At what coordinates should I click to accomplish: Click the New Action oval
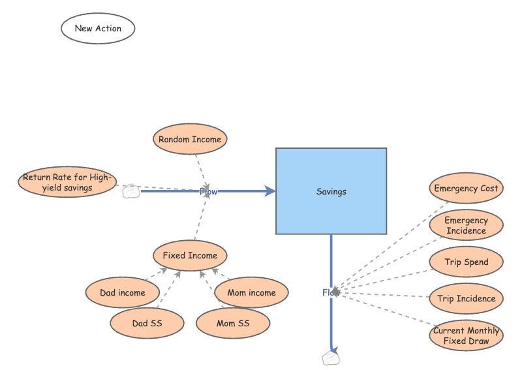(x=98, y=29)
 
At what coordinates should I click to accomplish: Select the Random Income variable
(x=190, y=140)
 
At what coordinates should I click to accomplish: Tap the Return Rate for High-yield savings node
(x=67, y=182)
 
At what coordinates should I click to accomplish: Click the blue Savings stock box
(x=331, y=191)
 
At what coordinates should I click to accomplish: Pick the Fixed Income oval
(x=190, y=256)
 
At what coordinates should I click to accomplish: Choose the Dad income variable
(x=123, y=293)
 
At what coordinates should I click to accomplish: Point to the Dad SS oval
(x=147, y=322)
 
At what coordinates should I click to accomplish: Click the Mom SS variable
(x=233, y=322)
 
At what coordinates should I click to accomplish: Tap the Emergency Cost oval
(x=467, y=189)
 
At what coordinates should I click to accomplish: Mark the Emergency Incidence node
(x=467, y=226)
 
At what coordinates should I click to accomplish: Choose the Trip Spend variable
(x=467, y=262)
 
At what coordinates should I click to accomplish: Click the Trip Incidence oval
(x=467, y=299)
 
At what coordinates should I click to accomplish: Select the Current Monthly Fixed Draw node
(x=467, y=335)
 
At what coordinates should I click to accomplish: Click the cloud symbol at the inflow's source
(x=131, y=191)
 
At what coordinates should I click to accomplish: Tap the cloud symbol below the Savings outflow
(x=331, y=358)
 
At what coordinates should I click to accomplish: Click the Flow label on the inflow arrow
(x=208, y=192)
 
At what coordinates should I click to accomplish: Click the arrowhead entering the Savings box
(x=270, y=191)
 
